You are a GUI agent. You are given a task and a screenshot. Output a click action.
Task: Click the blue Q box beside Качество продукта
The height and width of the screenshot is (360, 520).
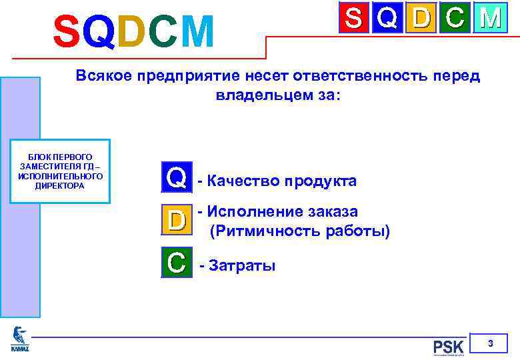[x=176, y=177]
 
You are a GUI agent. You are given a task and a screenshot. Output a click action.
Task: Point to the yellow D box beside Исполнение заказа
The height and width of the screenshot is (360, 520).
[x=176, y=219]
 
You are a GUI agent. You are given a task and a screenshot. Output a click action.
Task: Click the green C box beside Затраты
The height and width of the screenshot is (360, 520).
[x=176, y=262]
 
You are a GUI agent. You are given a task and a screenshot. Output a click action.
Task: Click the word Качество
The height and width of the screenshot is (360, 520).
[x=243, y=181]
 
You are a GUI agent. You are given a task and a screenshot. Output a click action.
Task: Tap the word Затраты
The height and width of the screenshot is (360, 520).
[x=242, y=266]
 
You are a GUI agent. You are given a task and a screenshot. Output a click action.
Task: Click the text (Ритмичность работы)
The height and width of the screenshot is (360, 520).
[x=299, y=232]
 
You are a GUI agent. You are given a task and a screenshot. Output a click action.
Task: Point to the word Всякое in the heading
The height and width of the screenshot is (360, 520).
[x=104, y=75]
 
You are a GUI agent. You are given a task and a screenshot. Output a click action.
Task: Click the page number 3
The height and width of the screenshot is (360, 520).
[x=490, y=344]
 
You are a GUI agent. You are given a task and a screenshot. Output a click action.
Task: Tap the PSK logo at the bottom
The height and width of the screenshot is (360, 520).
[x=448, y=347]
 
